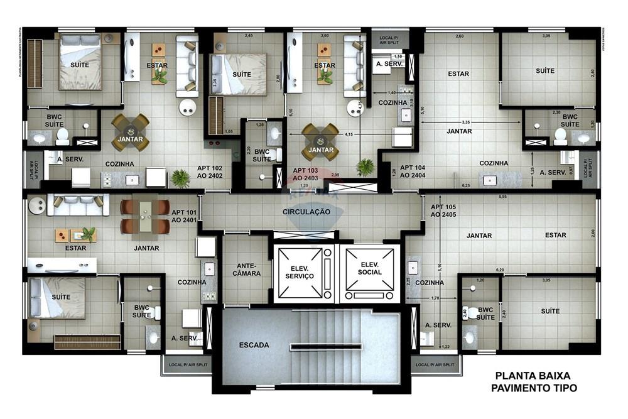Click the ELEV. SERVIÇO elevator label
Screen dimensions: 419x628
click(298, 271)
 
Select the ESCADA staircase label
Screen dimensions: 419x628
click(254, 345)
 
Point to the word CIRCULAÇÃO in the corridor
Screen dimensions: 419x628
click(306, 212)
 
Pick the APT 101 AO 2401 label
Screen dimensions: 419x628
click(184, 217)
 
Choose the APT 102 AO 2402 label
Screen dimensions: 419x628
click(210, 172)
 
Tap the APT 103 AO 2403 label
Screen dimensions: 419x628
click(306, 174)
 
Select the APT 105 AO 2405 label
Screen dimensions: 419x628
click(444, 211)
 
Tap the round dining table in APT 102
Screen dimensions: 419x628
click(131, 133)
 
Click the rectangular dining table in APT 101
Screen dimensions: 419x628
click(145, 216)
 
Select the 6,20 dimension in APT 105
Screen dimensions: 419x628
click(500, 270)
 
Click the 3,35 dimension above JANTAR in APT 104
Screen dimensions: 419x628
click(465, 122)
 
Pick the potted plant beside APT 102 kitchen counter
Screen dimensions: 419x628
click(180, 178)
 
